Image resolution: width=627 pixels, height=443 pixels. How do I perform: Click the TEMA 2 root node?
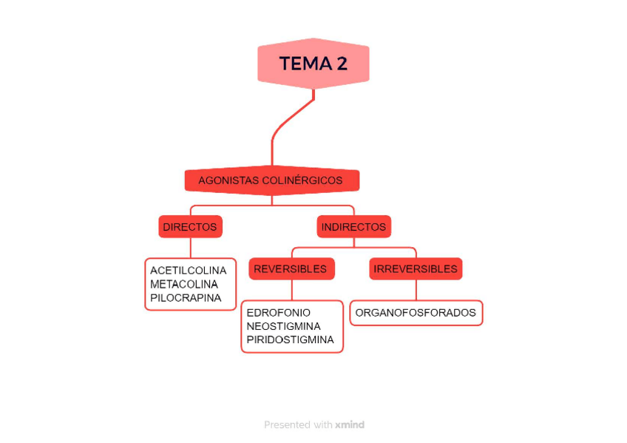tap(313, 64)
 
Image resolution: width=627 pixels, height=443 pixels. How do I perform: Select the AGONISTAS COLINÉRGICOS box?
tap(271, 180)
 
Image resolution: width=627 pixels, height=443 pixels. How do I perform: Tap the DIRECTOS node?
tap(190, 227)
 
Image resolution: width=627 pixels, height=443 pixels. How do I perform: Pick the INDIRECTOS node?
tap(353, 227)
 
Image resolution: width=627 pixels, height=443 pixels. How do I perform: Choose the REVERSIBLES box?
tap(291, 269)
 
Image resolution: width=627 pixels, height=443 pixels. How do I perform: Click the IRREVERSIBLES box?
tap(416, 269)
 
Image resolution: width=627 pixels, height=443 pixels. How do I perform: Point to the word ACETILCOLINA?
tap(188, 271)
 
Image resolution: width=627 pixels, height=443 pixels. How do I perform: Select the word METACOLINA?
tap(184, 285)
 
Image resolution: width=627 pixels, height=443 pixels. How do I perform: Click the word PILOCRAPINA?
tap(186, 298)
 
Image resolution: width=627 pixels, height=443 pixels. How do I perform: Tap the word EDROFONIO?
tap(278, 313)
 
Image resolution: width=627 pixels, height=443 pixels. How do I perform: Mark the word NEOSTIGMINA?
tap(283, 326)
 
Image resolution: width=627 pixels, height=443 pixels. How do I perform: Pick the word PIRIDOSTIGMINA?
tap(290, 340)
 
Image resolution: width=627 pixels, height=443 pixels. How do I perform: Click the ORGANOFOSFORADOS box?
tap(416, 313)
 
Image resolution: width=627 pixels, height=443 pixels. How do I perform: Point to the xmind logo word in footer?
tap(350, 425)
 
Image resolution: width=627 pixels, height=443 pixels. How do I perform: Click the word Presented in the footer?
tap(287, 425)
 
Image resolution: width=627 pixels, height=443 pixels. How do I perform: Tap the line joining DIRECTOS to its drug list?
tap(191, 248)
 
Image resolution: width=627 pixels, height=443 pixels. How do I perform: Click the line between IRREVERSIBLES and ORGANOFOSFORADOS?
tap(416, 290)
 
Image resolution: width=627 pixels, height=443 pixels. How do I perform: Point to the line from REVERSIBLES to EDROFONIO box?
tap(292, 290)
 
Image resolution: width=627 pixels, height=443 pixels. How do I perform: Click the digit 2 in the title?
tap(341, 64)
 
